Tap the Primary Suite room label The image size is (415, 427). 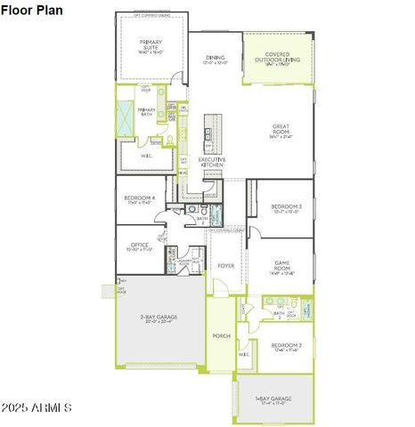[151, 45]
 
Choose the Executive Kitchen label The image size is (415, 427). [212, 163]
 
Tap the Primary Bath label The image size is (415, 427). [146, 111]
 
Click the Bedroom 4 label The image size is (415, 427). [141, 199]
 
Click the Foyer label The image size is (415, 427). [227, 265]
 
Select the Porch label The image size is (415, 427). [221, 335]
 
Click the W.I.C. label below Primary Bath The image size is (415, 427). [147, 156]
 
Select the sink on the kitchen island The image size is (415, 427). [207, 134]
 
